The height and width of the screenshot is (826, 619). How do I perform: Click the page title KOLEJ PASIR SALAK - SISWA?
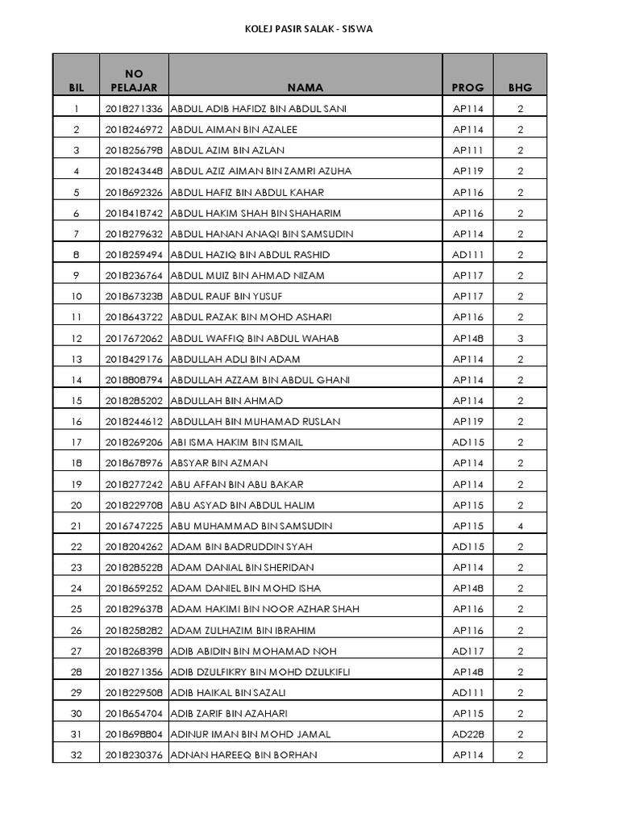pos(309,29)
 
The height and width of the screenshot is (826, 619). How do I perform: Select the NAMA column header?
pos(305,88)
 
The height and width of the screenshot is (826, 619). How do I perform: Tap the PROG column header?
pos(467,88)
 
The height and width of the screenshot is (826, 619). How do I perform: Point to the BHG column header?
pos(520,88)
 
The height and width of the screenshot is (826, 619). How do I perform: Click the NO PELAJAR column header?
pos(134,81)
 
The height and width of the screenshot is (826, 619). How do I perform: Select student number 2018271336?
pos(134,109)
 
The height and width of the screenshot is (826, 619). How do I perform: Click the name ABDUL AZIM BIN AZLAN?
pos(228,151)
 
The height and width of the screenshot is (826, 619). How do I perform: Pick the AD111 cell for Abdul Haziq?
pos(467,255)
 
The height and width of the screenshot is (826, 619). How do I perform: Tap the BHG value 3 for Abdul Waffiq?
pos(521,339)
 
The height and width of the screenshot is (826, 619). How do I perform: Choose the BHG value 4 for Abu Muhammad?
pos(521,526)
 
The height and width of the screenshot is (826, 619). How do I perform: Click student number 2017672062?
pos(134,339)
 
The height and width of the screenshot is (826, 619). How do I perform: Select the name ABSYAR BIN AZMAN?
pos(220,464)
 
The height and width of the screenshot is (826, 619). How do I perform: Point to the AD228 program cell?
pos(467,735)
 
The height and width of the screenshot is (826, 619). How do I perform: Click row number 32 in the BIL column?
pos(77,755)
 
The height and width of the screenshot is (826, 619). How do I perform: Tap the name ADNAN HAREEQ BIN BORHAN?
pos(244,755)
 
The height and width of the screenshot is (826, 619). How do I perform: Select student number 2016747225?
pos(134,526)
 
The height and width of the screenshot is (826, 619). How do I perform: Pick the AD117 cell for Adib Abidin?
pos(467,651)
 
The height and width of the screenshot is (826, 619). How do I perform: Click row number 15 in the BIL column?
pos(77,401)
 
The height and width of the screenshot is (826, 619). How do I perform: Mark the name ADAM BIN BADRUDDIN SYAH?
pos(242,547)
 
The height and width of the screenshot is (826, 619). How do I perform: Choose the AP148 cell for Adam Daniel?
pos(467,589)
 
